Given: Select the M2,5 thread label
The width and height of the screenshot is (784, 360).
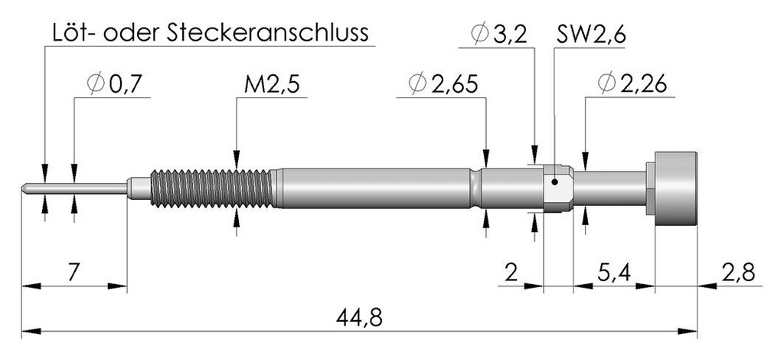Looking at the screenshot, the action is pos(272,85).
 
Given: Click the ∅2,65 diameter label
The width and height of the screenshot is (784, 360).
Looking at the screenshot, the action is pos(443,85).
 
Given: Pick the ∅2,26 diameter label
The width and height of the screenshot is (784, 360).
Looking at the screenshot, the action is pos(632,85).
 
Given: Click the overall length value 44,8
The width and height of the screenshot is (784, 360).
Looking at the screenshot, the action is pos(359,318).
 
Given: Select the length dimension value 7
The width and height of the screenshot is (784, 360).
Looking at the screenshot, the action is pos(73,273).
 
